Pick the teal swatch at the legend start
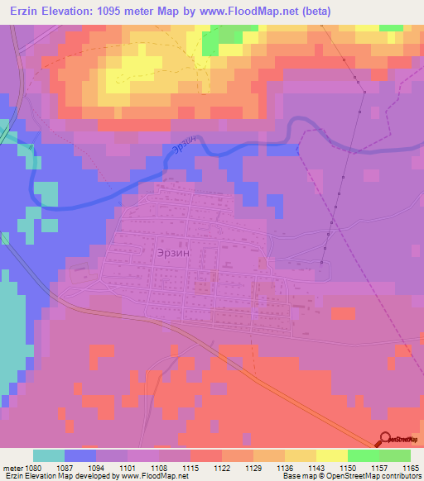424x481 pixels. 49,455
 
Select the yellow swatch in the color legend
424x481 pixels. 331,455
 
